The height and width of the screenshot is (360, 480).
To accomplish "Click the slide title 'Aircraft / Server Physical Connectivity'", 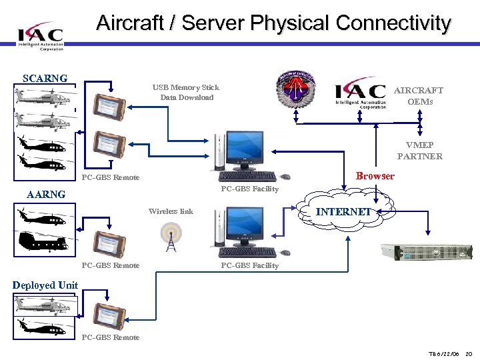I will pos(273,23).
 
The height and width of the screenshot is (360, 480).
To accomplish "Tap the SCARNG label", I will pos(45,78).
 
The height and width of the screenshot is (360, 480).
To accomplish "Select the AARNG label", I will pos(45,195).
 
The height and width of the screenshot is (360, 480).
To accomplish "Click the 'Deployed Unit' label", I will pos(45,285).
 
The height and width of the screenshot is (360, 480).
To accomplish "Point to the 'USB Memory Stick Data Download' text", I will pos(185,93).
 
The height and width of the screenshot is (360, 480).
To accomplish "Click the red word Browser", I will pos(375,177).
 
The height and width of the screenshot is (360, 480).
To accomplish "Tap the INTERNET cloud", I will pos(343,212).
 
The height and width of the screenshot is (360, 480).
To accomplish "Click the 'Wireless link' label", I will pos(171,211).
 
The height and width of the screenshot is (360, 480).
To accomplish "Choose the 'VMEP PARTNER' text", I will pos(419,151).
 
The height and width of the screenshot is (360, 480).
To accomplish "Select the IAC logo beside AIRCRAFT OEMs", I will pos(360,94).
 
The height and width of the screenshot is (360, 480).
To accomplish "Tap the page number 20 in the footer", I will pos(468,353).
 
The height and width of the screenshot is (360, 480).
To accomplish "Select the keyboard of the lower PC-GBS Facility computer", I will pos(247,253).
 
